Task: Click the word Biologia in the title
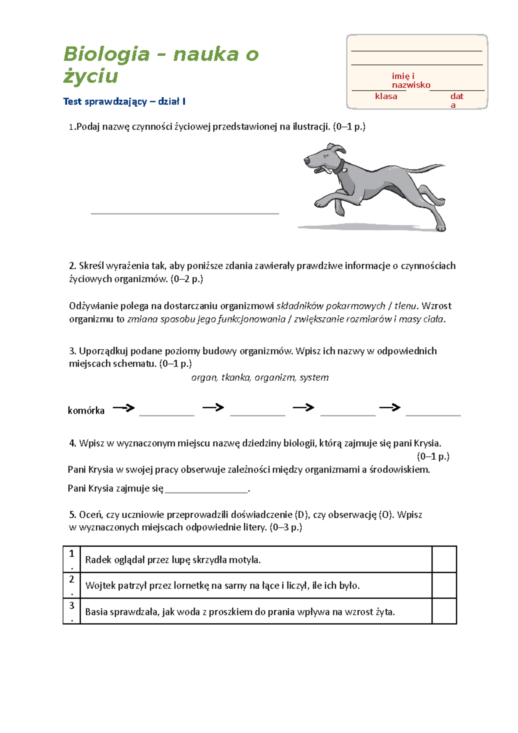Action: pyautogui.click(x=106, y=55)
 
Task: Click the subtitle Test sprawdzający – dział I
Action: pyautogui.click(x=124, y=102)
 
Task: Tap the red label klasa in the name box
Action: pyautogui.click(x=386, y=96)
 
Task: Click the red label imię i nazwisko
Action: pyautogui.click(x=411, y=81)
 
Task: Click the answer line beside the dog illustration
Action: pyautogui.click(x=185, y=213)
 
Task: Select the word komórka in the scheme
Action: pyautogui.click(x=86, y=411)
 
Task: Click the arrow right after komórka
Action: pyautogui.click(x=123, y=408)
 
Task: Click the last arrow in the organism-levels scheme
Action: pyautogui.click(x=390, y=407)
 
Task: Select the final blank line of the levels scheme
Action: pyautogui.click(x=433, y=415)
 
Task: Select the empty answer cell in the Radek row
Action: pyautogui.click(x=444, y=559)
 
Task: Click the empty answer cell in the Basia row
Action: pyautogui.click(x=444, y=611)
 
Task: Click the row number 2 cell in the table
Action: pyautogui.click(x=72, y=585)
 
